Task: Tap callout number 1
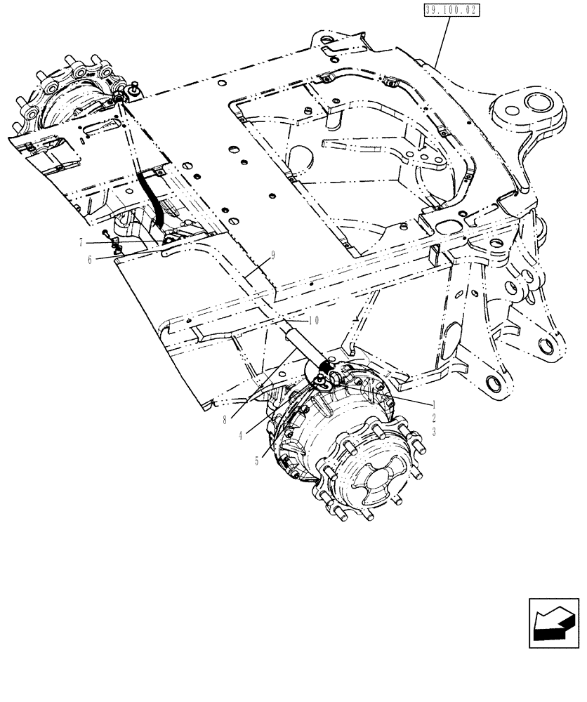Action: [x=435, y=405]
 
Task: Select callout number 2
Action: [x=435, y=418]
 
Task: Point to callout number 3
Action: [x=435, y=432]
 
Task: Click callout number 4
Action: [x=241, y=435]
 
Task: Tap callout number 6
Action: [x=90, y=259]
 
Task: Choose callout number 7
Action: [x=81, y=242]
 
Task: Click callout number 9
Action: [x=272, y=256]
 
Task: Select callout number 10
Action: [x=313, y=319]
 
